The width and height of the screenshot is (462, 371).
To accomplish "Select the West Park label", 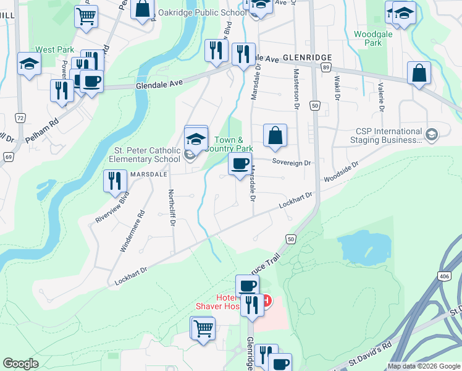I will click(54, 49).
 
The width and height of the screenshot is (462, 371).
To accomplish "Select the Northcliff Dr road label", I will click(171, 207).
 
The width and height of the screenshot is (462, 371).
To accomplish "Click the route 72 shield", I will click(20, 117).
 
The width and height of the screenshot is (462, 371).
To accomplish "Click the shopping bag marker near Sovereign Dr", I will click(275, 135).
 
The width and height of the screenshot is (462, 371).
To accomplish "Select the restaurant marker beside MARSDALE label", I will click(115, 181).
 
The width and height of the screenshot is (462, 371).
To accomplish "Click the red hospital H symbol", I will click(266, 301).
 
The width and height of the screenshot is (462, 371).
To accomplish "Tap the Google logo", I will click(21, 364).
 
